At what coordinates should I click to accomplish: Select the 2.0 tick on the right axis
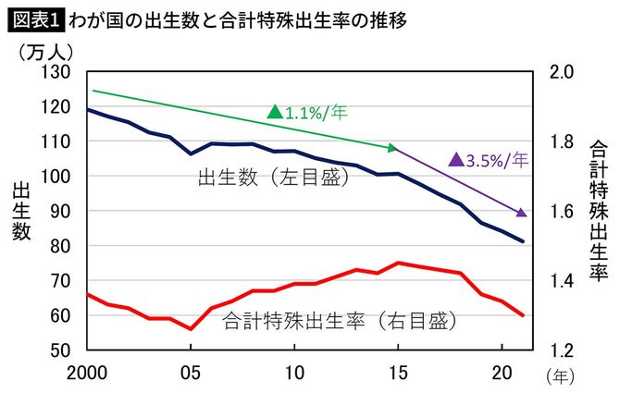tap(562, 72)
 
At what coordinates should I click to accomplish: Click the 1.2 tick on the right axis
tap(562, 350)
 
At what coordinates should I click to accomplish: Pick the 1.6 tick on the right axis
tap(562, 212)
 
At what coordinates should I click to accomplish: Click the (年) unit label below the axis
tap(561, 375)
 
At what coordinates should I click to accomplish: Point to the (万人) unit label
tap(46, 51)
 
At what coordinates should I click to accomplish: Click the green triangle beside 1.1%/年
tap(274, 113)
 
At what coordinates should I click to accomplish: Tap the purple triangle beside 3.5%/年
tap(455, 160)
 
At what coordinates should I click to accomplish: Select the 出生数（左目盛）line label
tap(273, 176)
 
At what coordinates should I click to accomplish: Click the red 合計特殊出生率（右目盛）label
tap(340, 322)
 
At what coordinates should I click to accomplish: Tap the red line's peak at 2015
tap(398, 263)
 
